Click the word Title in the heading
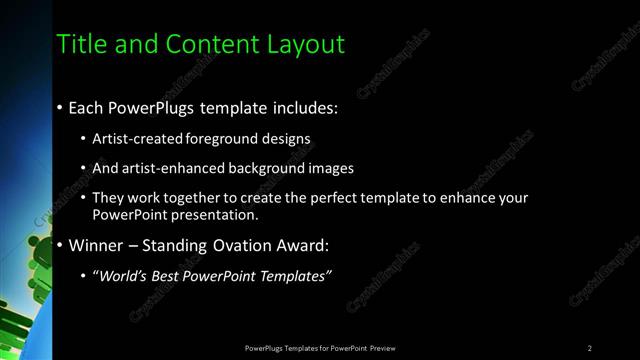point(80,45)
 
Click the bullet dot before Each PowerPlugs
point(61,106)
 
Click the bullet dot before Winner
point(61,245)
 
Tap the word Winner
point(97,245)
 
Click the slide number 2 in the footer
point(590,348)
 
